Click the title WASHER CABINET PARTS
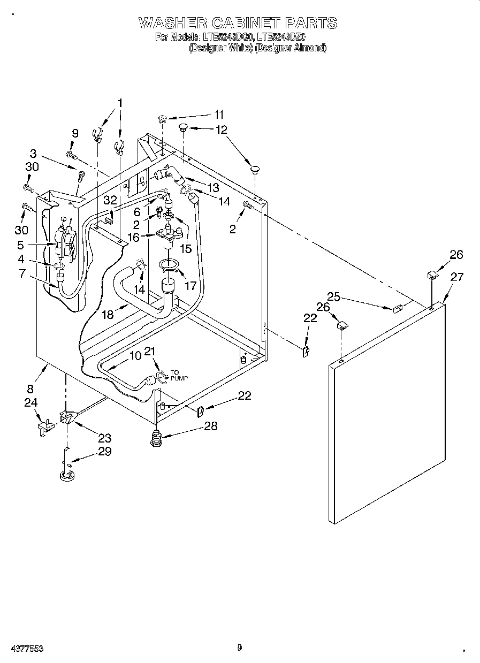pyautogui.click(x=238, y=23)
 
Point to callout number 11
pyautogui.click(x=219, y=114)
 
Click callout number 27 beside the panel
pyautogui.click(x=456, y=277)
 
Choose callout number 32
pyautogui.click(x=110, y=200)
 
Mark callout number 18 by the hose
pyautogui.click(x=108, y=314)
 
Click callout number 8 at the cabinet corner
pyautogui.click(x=31, y=389)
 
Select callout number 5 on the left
pyautogui.click(x=21, y=246)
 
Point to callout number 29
pyautogui.click(x=104, y=451)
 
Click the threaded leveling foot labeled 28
pyautogui.click(x=156, y=438)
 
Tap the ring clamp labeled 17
pyautogui.click(x=170, y=265)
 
